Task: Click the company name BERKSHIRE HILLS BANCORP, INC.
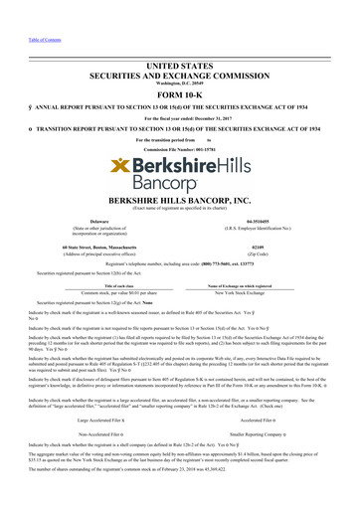pyautogui.click(x=179, y=201)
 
